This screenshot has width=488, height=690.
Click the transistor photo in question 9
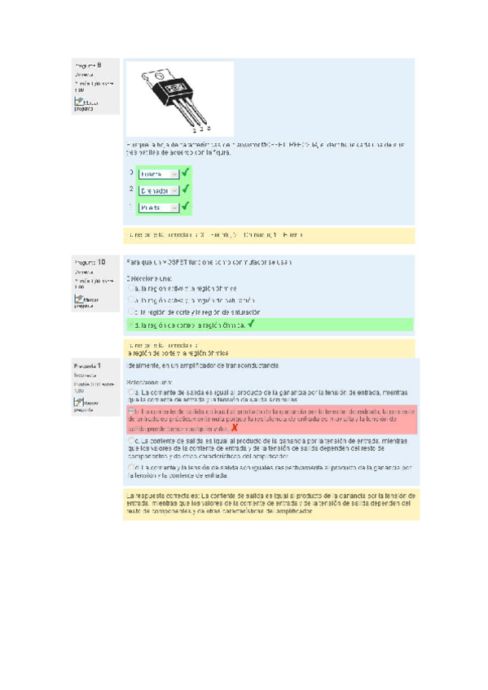(180, 97)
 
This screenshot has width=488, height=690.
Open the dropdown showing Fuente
(158, 173)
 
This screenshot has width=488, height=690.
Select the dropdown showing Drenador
(158, 190)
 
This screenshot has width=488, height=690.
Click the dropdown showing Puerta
(158, 207)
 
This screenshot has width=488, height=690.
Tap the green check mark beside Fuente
(186, 172)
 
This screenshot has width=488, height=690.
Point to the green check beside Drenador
(186, 190)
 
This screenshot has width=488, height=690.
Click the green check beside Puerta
(186, 207)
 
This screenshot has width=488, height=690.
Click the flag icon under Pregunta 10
(80, 299)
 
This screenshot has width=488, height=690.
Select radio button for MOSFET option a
(130, 287)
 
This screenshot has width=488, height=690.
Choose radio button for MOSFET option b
(130, 299)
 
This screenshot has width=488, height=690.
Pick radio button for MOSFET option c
(130, 312)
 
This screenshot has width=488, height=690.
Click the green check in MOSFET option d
(252, 324)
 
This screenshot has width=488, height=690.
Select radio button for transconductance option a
(130, 392)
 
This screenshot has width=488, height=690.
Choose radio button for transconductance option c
(130, 441)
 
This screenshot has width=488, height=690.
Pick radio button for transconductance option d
(130, 468)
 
